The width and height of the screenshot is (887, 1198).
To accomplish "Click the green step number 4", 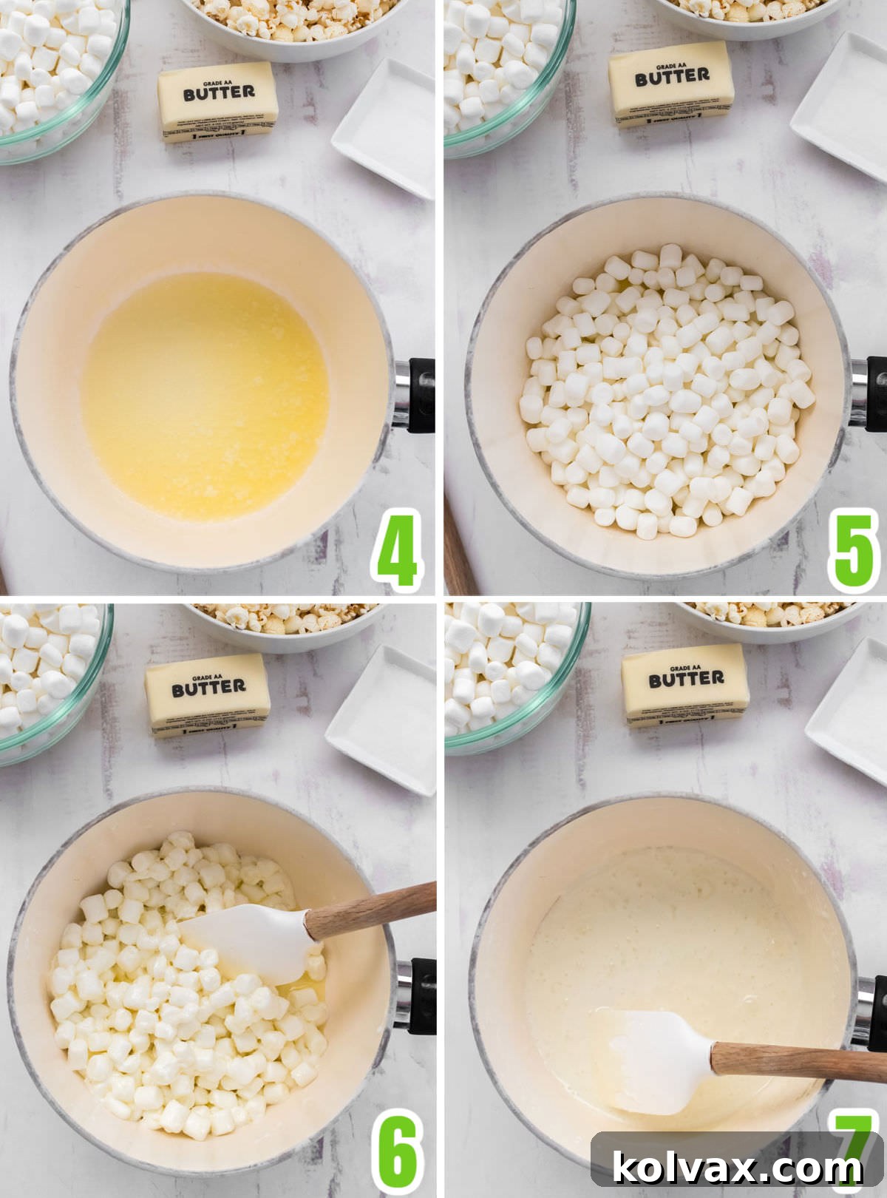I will coord(397,548).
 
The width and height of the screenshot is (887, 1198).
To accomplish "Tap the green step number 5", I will coord(854,548).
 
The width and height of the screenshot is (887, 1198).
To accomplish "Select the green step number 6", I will coord(398,1151).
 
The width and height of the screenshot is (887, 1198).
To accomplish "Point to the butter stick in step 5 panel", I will coord(672,84).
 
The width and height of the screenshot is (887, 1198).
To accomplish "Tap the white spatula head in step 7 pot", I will coord(650,1062).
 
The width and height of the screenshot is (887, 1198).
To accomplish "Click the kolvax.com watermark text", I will coord(737,1167).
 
